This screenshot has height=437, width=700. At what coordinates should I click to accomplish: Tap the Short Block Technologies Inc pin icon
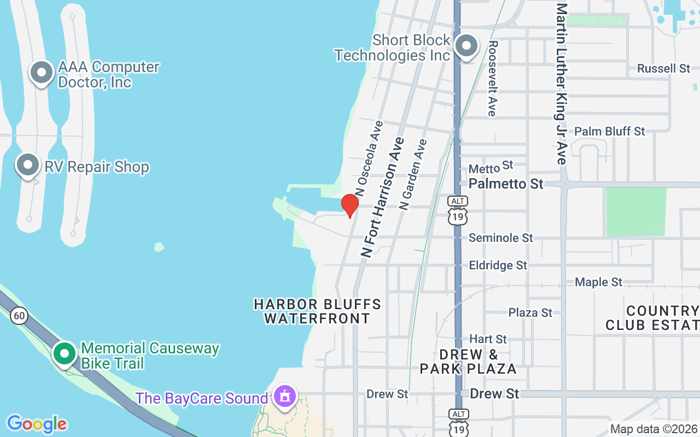[x=466, y=46]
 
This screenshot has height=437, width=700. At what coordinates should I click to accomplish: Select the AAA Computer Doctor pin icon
[x=42, y=73]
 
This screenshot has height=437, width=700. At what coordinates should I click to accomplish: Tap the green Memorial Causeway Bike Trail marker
[x=65, y=353]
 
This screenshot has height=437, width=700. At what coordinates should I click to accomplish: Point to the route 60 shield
[x=19, y=315]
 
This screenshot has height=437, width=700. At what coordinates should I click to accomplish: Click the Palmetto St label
[x=506, y=184]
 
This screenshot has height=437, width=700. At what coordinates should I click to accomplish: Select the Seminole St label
[x=501, y=238]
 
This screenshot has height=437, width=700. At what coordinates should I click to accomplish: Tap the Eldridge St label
[x=498, y=265]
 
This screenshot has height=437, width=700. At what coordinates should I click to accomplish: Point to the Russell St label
[x=664, y=68]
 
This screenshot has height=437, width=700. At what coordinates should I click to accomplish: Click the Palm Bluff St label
[x=610, y=131]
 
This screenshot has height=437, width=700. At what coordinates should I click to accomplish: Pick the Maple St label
[x=598, y=282]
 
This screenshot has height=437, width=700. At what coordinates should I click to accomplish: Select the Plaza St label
[x=530, y=312]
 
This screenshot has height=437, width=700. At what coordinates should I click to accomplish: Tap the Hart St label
[x=488, y=339]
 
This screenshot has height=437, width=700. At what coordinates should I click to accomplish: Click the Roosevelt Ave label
[x=492, y=78]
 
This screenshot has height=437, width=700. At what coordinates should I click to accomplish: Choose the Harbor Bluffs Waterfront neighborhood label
[x=318, y=311]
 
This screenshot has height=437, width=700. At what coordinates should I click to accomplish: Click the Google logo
[x=37, y=424]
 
